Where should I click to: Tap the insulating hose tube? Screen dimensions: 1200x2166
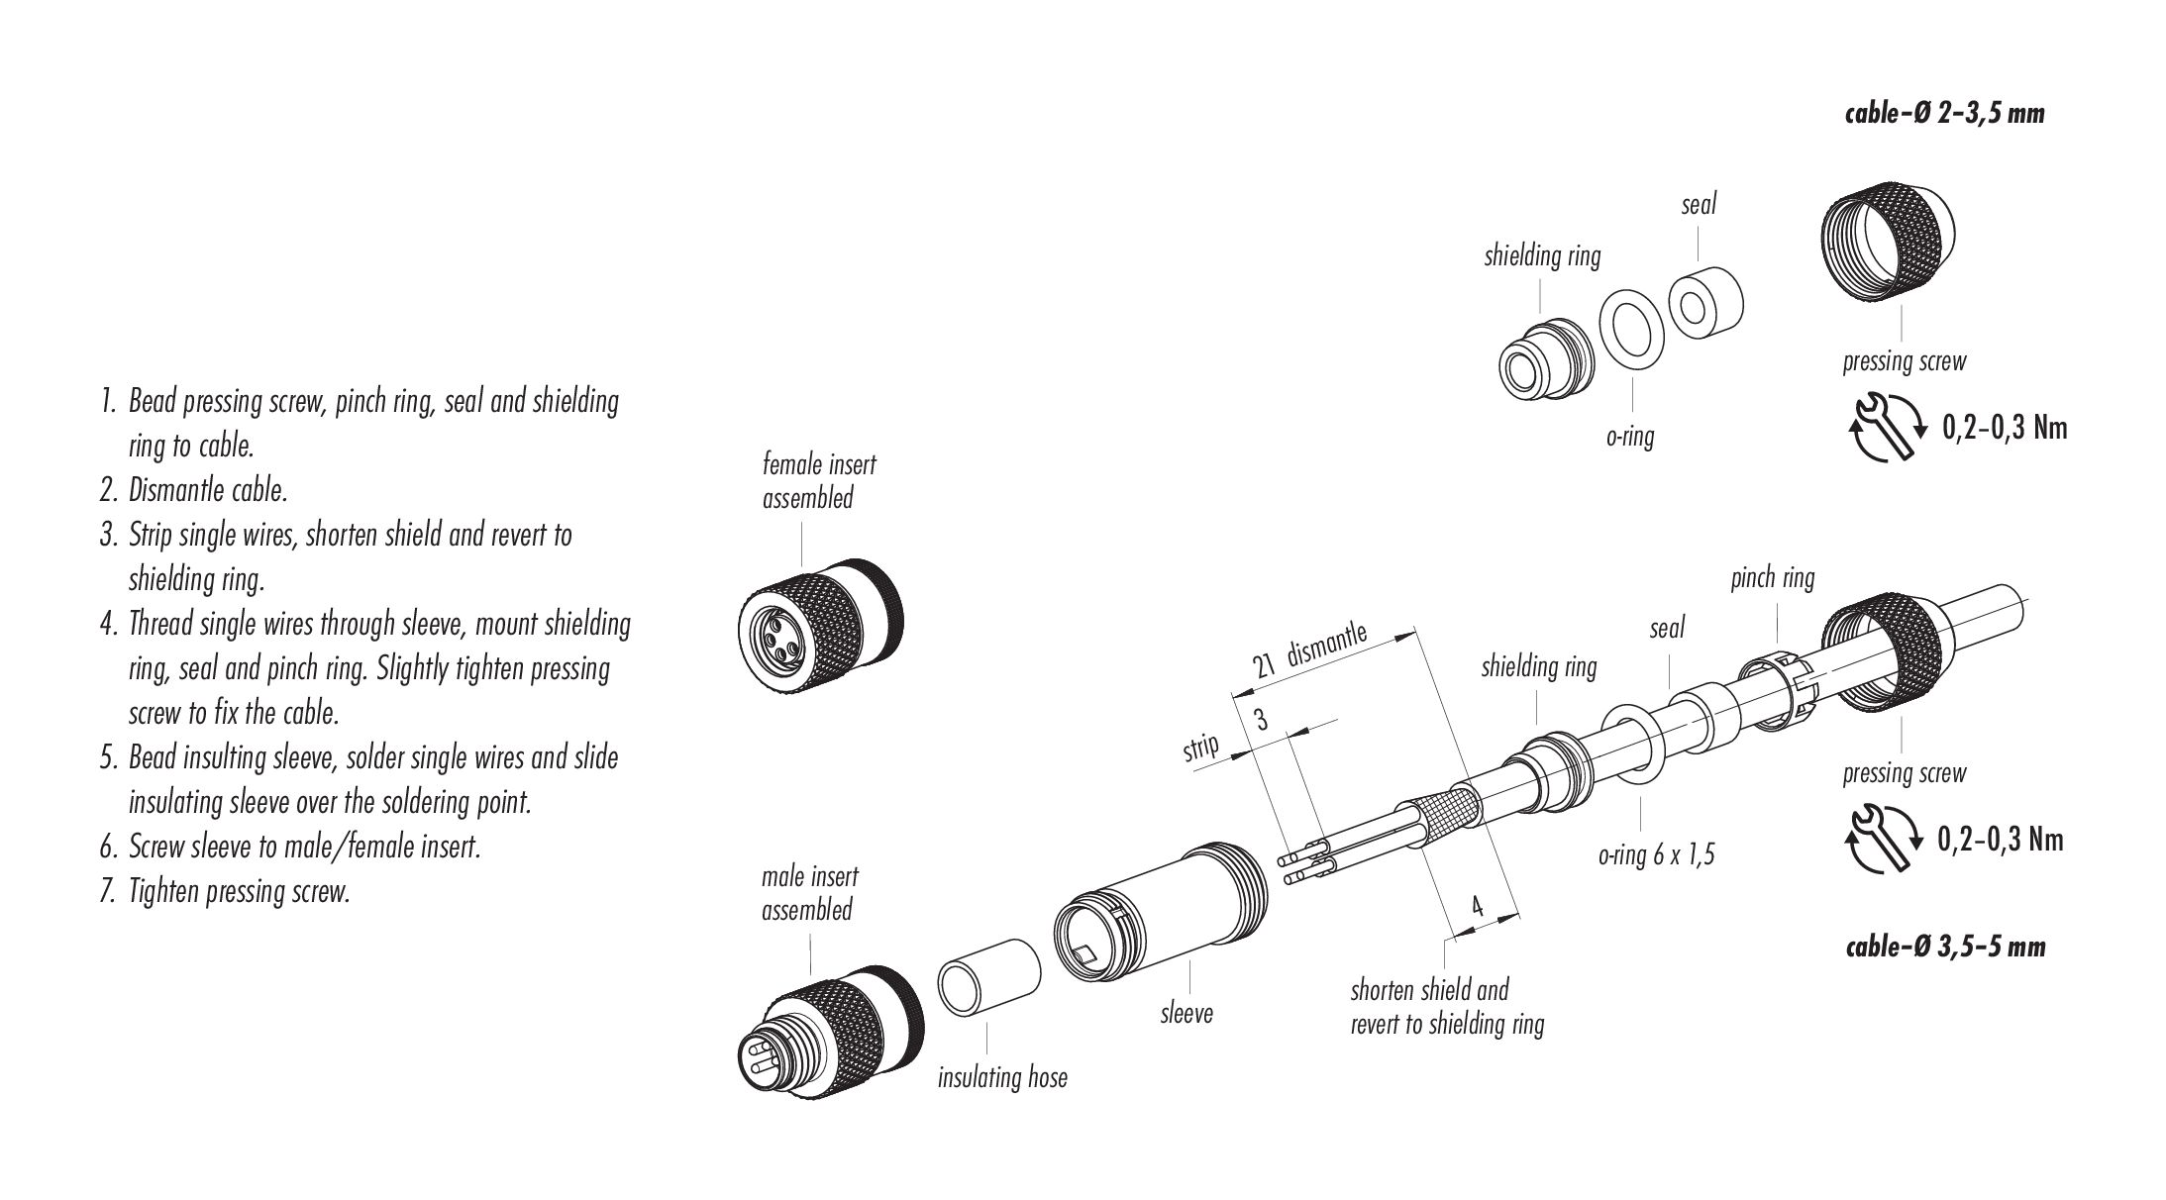[x=988, y=977]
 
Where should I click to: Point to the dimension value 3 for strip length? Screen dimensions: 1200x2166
[x=1262, y=720]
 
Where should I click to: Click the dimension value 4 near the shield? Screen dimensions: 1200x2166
[x=1477, y=906]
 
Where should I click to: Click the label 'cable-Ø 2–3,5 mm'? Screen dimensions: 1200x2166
[x=1944, y=114]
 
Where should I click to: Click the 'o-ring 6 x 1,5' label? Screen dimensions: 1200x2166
[x=1656, y=854]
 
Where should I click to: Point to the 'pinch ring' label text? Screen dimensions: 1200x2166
[x=1772, y=578]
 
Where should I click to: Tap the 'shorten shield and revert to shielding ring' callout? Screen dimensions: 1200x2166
[x=1447, y=1006]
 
